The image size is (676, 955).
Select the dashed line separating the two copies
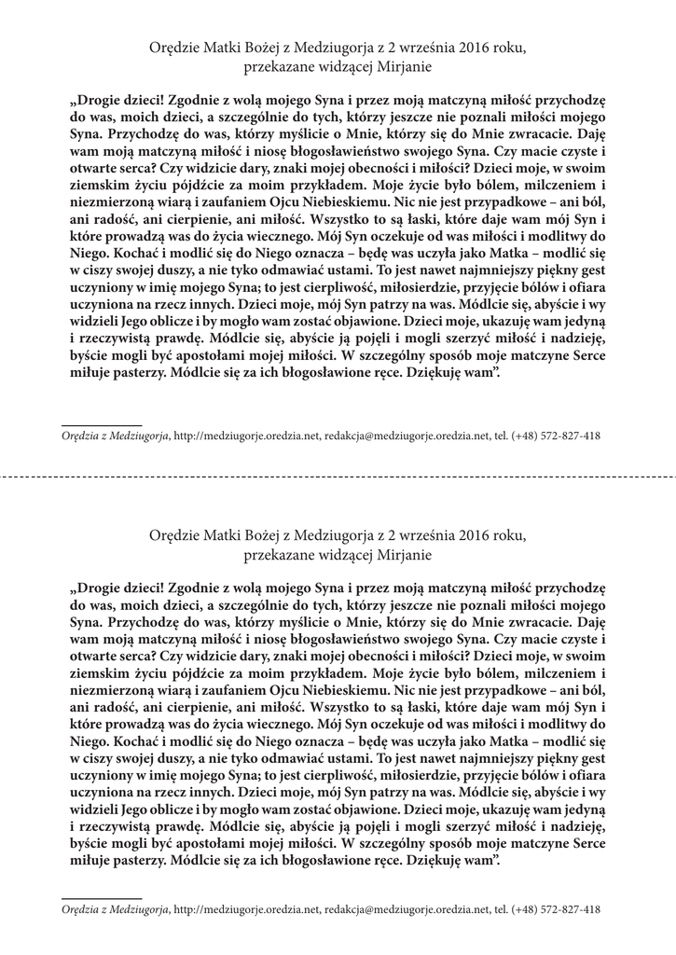click(x=338, y=475)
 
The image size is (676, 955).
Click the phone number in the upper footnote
click(x=556, y=436)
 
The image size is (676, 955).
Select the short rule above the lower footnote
click(x=101, y=897)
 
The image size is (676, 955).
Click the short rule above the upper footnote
click(x=101, y=424)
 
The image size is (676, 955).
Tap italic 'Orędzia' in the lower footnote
click(x=80, y=908)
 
